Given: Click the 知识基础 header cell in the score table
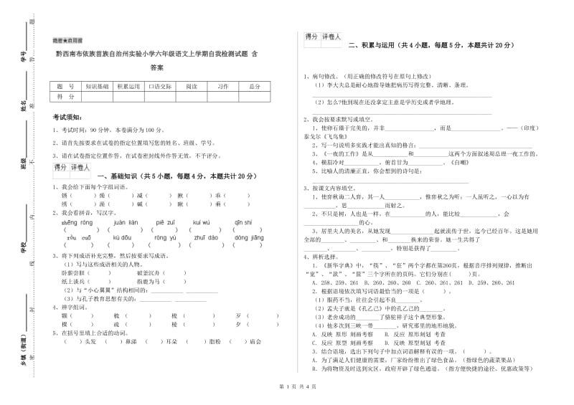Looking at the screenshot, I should coord(97,86).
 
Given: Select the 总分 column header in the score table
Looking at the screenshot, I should coord(255,86).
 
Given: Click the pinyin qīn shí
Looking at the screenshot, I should coord(243,222).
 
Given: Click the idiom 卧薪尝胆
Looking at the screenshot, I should coord(74,273).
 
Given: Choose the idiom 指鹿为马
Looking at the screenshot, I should coord(146,281).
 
